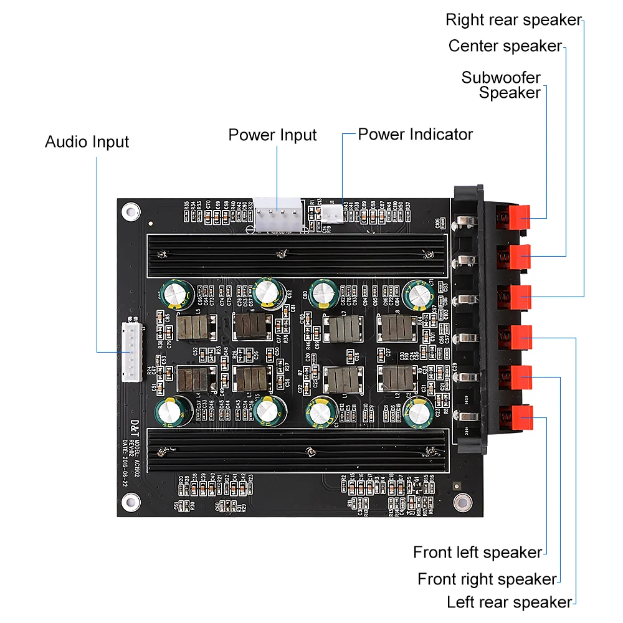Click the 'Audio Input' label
pyautogui.click(x=87, y=142)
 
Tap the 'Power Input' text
pyautogui.click(x=272, y=135)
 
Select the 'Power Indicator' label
pyautogui.click(x=415, y=135)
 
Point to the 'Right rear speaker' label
pyautogui.click(x=513, y=20)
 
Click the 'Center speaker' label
pyautogui.click(x=505, y=46)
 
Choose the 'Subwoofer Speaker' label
pyautogui.click(x=501, y=85)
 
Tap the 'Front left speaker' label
pyautogui.click(x=477, y=552)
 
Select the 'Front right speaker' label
pyautogui.click(x=487, y=579)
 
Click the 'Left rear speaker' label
pyautogui.click(x=509, y=602)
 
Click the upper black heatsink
pyautogui.click(x=297, y=255)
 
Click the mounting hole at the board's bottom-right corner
pyautogui.click(x=461, y=502)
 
